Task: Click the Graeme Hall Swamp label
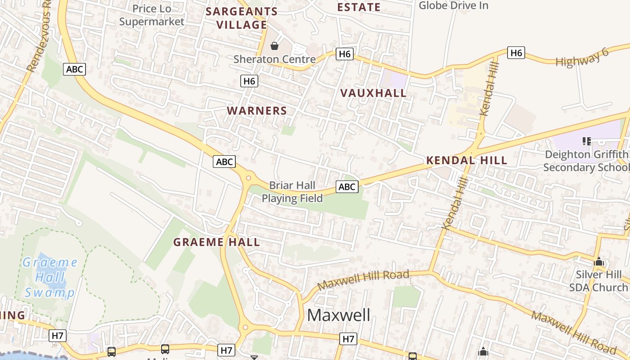(50, 277)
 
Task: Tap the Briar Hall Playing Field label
(292, 192)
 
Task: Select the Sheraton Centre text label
(274, 59)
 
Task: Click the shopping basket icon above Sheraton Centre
(274, 46)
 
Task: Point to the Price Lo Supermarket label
(152, 15)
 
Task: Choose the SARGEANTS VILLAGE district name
(242, 18)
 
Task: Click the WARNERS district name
(257, 111)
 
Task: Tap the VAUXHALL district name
(373, 93)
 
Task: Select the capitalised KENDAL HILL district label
(467, 160)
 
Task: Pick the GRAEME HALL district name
(216, 242)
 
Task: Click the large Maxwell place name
(339, 315)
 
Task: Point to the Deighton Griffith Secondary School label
(586, 161)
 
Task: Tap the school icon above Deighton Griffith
(586, 141)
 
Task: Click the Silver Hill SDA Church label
(598, 281)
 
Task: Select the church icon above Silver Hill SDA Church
(598, 261)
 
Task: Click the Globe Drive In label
(454, 5)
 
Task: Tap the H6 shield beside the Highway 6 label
(516, 53)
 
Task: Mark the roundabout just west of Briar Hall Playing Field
(248, 178)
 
